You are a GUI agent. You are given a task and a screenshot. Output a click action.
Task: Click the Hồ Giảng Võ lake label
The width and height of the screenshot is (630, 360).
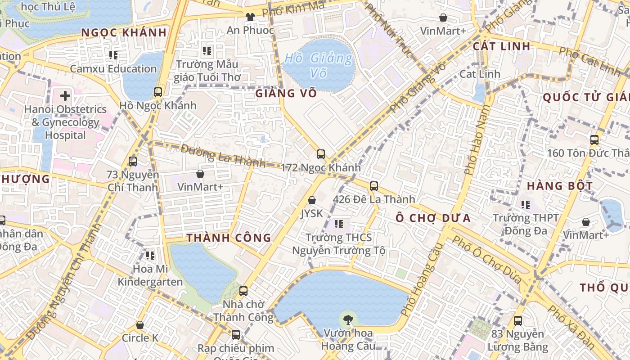(319, 65)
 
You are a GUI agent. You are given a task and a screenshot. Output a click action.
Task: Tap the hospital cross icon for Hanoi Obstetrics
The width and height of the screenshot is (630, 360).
(65, 95)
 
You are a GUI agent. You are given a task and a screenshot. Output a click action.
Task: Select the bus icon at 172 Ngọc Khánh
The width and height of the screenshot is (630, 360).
(320, 154)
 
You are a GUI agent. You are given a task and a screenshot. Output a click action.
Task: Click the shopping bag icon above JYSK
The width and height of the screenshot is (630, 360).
(311, 200)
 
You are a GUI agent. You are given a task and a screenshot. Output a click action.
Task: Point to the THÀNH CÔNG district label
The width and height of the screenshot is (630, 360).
(229, 238)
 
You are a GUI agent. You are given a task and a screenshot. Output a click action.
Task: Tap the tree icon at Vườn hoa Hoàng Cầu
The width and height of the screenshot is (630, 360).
(347, 320)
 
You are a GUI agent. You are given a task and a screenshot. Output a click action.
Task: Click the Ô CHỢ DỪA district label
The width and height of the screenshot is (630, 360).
(433, 218)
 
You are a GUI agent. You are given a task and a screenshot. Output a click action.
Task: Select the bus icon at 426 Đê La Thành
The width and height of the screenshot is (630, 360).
(373, 186)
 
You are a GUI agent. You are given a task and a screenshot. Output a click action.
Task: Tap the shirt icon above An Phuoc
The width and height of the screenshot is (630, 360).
(250, 17)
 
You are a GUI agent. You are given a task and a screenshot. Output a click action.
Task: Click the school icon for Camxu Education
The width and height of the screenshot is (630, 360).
(113, 55)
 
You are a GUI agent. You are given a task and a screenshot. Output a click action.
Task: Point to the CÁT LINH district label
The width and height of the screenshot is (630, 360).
(501, 46)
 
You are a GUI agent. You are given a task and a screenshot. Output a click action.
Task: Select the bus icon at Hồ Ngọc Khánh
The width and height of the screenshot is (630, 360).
(157, 92)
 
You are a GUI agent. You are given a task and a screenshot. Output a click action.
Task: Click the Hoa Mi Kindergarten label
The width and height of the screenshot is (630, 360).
(150, 275)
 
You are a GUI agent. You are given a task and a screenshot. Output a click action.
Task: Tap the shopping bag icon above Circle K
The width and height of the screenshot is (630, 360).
(140, 324)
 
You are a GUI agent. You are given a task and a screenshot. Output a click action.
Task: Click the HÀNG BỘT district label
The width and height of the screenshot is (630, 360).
(559, 186)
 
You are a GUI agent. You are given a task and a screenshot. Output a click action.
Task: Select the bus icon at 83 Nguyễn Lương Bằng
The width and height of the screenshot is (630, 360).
(517, 321)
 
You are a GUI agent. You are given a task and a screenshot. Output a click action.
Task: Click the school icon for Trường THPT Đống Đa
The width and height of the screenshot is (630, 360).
(525, 205)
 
